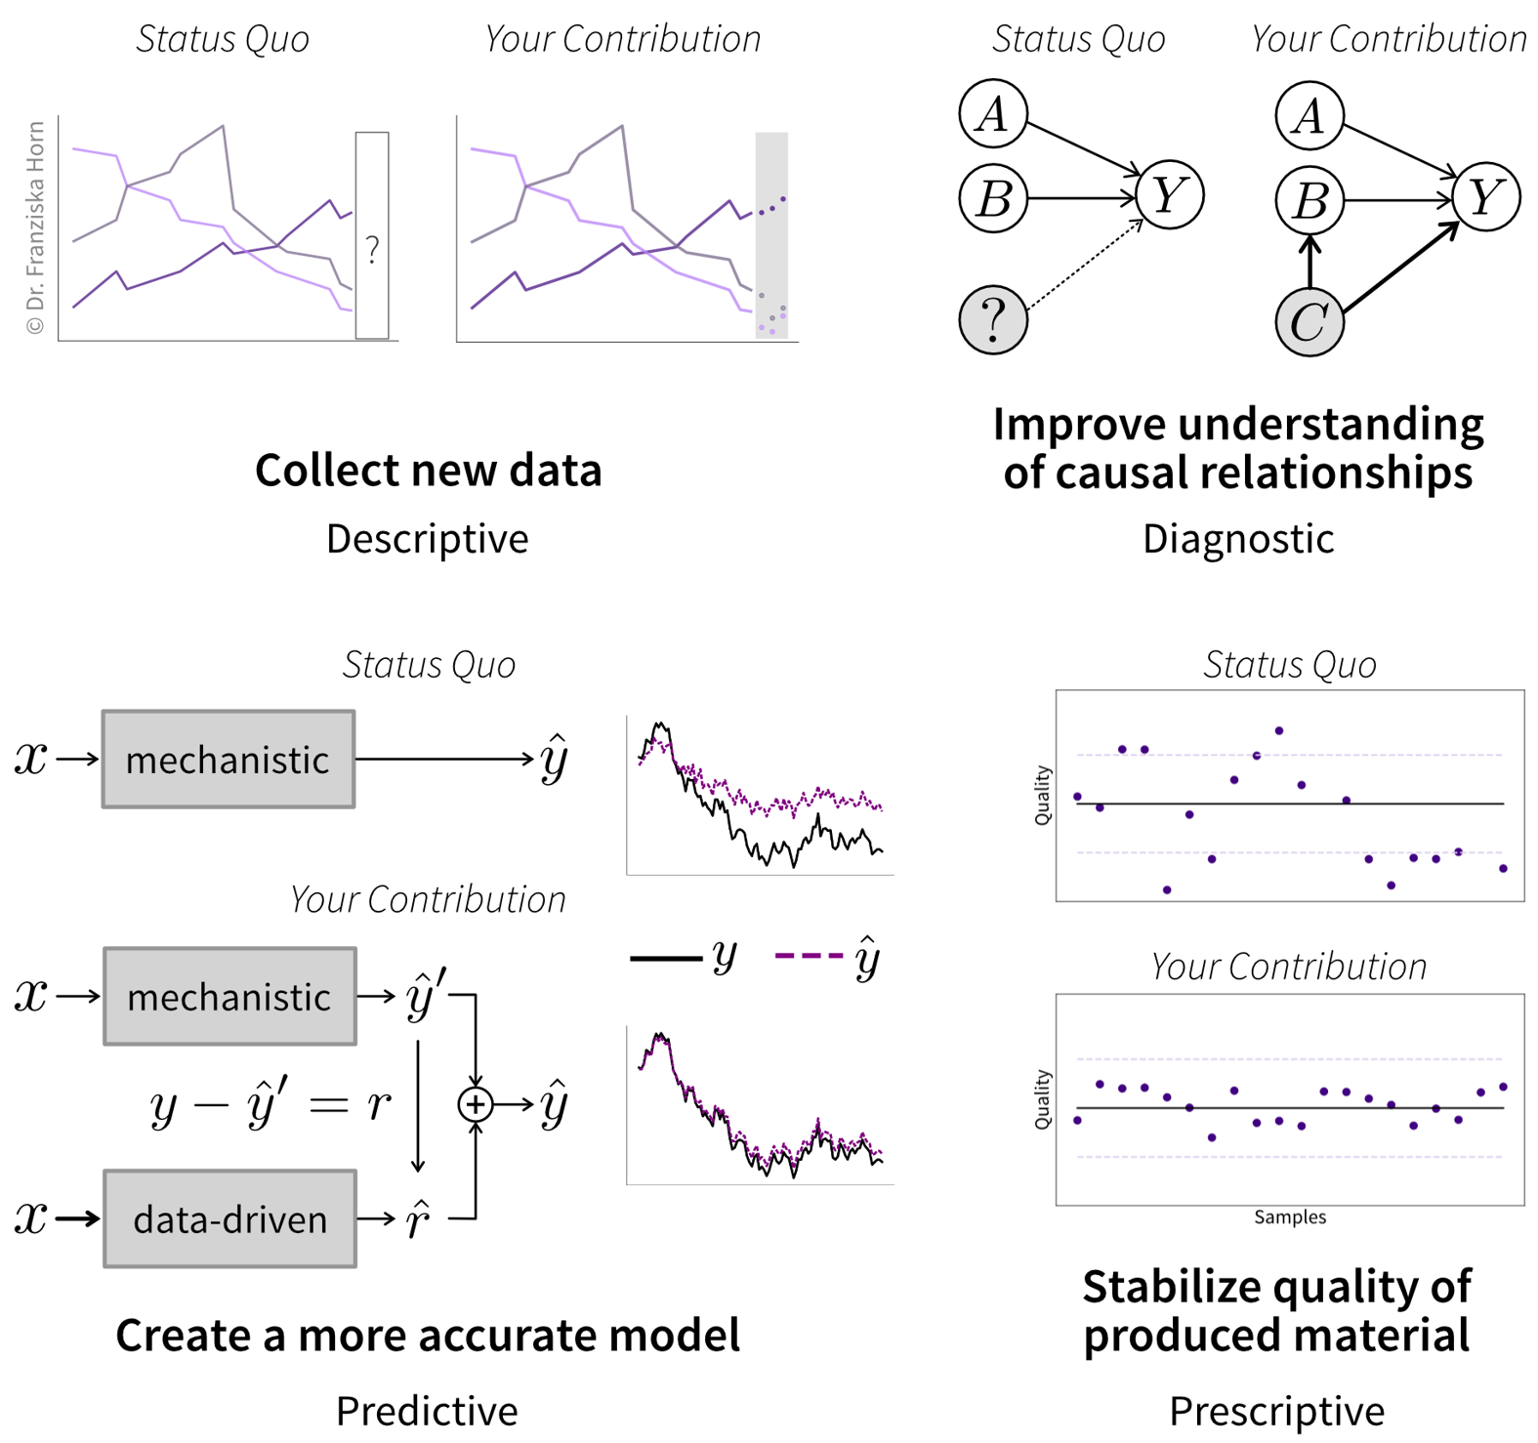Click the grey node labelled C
point(1309,322)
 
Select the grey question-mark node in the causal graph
point(993,319)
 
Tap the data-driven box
point(229,1218)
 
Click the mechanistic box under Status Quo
point(229,760)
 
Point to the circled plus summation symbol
point(476,1104)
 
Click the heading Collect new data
point(428,471)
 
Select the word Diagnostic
point(1237,539)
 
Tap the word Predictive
point(427,1411)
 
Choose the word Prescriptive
point(1276,1411)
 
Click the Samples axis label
point(1290,1217)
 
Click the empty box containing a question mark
point(372,235)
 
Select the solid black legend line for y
point(666,958)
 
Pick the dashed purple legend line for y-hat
point(808,956)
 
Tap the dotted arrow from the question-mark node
point(1086,265)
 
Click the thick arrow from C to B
point(1309,261)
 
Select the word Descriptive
point(427,539)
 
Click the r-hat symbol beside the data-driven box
point(418,1219)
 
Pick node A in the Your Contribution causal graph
point(1309,115)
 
